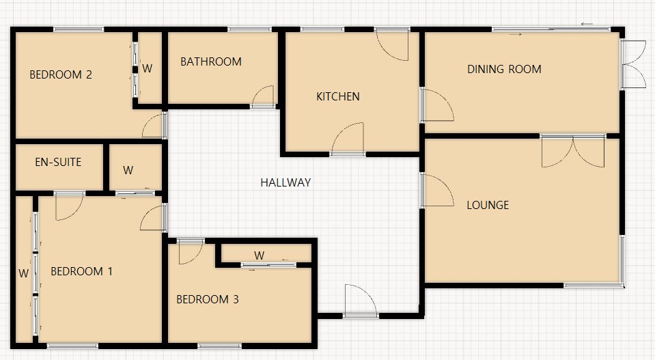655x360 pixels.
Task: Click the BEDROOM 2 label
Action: click(61, 75)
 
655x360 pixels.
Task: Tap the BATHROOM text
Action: click(211, 61)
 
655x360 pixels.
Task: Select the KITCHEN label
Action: click(337, 97)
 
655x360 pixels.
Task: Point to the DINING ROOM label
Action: click(504, 69)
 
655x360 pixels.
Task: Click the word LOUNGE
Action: click(488, 205)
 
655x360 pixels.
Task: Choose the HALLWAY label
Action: click(285, 182)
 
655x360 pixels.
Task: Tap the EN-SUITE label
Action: click(58, 163)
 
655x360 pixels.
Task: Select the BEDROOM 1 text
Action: click(82, 272)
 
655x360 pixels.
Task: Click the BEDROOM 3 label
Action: click(208, 299)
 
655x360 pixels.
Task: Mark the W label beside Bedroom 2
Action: click(148, 68)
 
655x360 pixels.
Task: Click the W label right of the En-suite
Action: click(128, 171)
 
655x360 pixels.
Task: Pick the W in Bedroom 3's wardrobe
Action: click(260, 255)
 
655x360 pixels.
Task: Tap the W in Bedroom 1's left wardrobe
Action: click(23, 274)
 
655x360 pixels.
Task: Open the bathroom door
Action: click(264, 97)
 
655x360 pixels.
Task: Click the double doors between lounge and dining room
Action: click(573, 152)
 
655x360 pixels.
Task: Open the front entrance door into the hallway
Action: click(359, 301)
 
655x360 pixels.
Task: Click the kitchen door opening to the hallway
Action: click(348, 139)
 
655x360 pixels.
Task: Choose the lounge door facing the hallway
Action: click(437, 190)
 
